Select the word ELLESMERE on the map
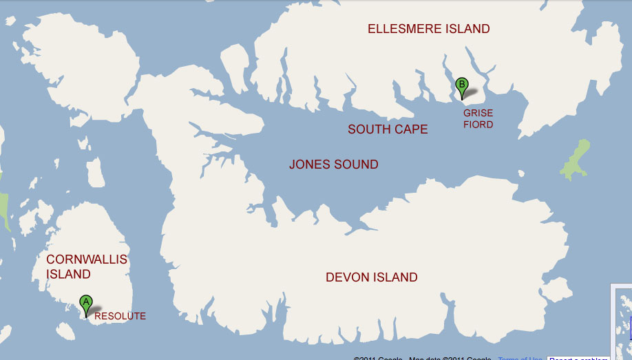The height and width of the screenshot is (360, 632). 400,29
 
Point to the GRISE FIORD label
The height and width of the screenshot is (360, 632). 478,118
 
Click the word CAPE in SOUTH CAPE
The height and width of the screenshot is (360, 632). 410,129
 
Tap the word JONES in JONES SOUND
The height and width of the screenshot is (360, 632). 309,165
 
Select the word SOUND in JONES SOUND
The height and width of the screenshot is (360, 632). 356,165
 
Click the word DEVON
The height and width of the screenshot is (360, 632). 348,277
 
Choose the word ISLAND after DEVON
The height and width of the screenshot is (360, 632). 395,277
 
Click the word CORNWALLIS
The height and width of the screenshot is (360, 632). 87,260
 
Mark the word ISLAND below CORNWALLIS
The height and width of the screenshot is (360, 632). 68,274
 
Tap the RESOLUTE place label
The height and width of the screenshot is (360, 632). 120,316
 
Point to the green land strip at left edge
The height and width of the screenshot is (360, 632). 3,210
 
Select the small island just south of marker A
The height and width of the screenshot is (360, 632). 65,332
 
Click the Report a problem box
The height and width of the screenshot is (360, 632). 578,358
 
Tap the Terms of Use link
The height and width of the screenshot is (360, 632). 520,358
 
